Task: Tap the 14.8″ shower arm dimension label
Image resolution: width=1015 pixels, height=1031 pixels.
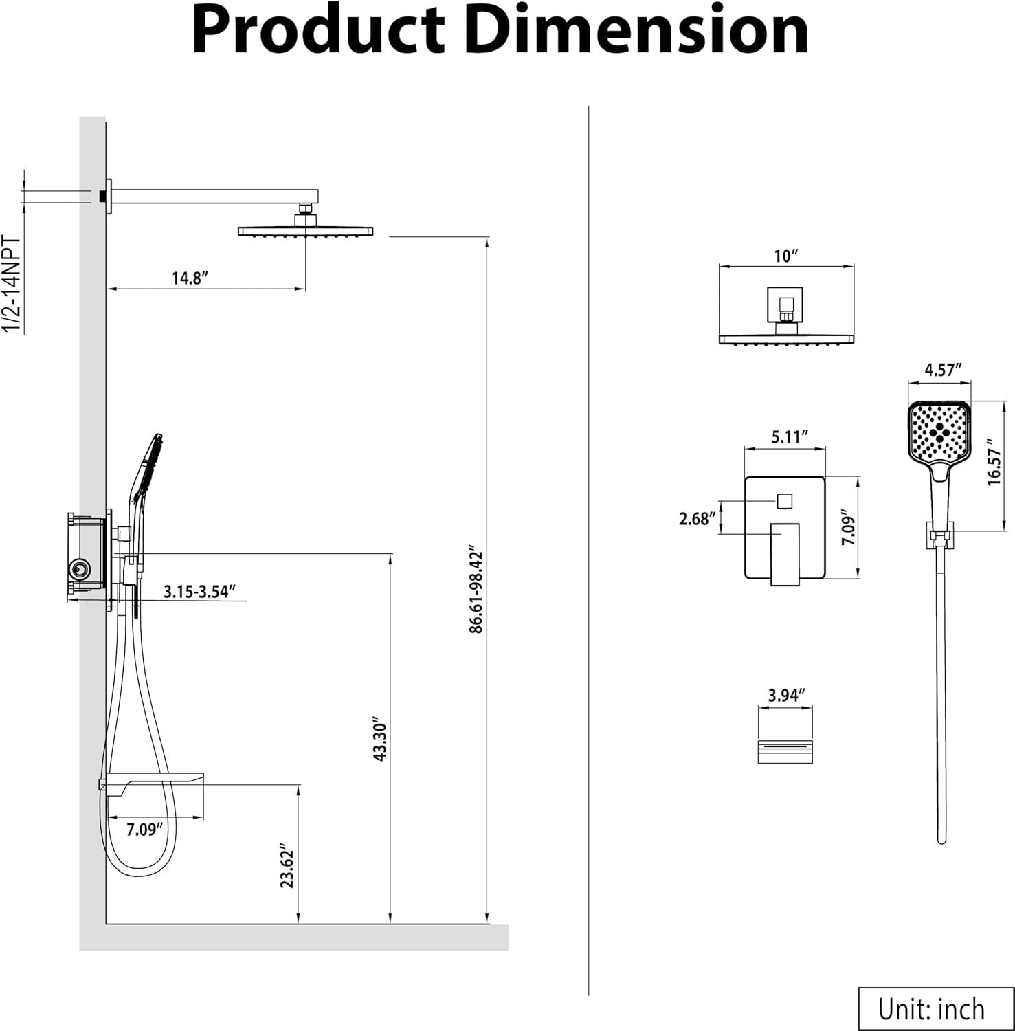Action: [190, 278]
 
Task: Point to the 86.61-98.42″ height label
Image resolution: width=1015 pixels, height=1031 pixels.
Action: [476, 591]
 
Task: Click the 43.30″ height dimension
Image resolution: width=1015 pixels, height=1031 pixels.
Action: [380, 741]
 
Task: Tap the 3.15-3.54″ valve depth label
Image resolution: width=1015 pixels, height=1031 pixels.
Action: [200, 592]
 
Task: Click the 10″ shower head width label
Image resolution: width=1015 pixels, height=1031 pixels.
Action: [785, 256]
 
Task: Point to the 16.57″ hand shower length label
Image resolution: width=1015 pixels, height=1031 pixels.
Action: [994, 462]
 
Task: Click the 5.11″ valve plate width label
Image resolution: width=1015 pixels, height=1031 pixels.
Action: [789, 437]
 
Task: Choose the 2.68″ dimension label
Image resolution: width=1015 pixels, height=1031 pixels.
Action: [698, 519]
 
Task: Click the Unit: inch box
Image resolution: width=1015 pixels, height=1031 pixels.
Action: [931, 1008]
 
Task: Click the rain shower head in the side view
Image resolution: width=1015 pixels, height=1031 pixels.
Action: [305, 231]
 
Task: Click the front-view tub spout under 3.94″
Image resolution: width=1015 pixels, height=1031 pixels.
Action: [785, 751]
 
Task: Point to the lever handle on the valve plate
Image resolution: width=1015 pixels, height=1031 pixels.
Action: [784, 554]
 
